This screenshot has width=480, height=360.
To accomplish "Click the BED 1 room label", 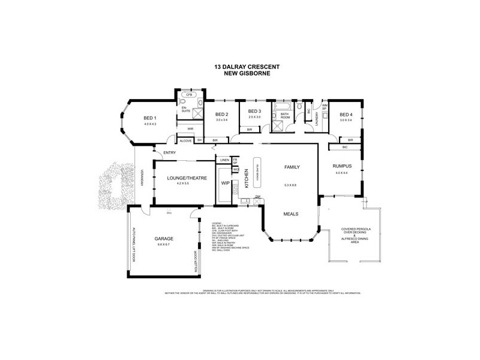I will (149, 118).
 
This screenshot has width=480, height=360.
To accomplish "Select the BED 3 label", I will (254, 112).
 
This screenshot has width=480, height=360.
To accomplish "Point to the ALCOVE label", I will (185, 140).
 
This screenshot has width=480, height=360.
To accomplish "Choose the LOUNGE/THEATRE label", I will (183, 178).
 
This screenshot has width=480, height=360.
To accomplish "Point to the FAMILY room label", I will (292, 167).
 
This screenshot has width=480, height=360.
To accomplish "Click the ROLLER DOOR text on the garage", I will (196, 262).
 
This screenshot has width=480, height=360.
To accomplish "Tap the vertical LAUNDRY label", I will (316, 120).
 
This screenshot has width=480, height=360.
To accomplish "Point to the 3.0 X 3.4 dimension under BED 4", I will (346, 120).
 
